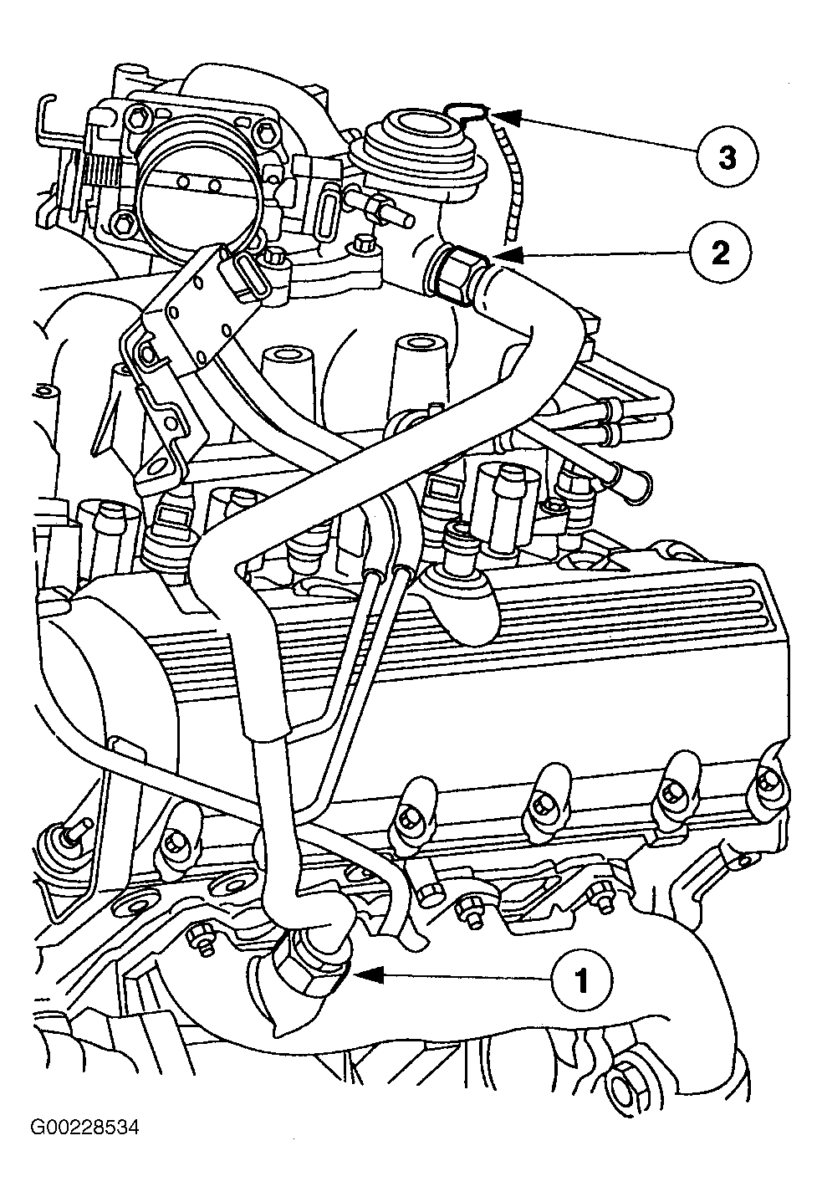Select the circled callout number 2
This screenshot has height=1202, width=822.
tap(721, 252)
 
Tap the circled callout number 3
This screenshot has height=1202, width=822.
tap(727, 158)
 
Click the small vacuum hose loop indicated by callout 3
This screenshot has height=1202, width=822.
tap(467, 111)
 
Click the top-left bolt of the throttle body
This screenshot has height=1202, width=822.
tap(140, 115)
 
